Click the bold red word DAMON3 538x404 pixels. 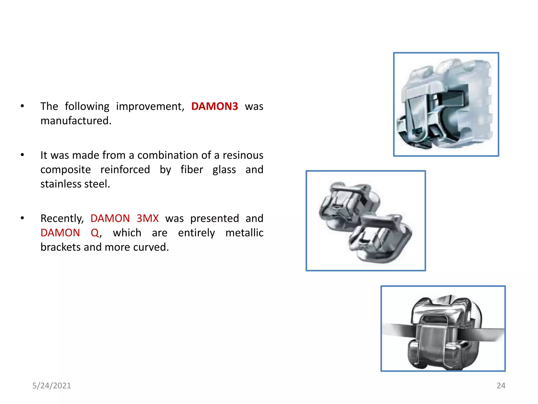tap(214, 106)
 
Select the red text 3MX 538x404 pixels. tap(148, 218)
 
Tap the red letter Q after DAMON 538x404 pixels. tap(95, 233)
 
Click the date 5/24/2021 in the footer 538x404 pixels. tap(51, 386)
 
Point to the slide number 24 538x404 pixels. tap(501, 386)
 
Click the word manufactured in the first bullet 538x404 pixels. tap(76, 121)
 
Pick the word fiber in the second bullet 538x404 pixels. tap(192, 170)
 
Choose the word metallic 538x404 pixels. tap(244, 233)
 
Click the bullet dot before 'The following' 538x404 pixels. tap(22, 106)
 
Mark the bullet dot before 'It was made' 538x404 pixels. tap(22, 155)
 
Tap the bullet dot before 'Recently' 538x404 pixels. tap(22, 218)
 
